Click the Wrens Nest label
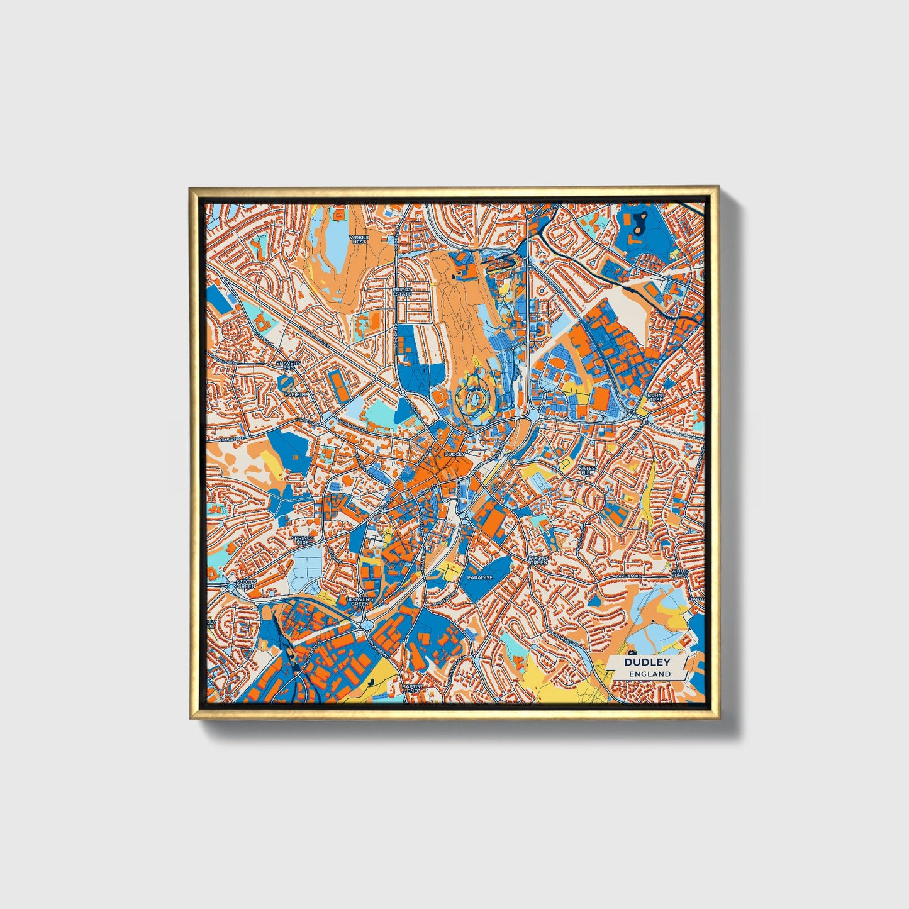(x=359, y=240)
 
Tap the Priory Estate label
(x=401, y=292)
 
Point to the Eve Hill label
(x=294, y=394)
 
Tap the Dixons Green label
(x=539, y=560)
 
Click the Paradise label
(x=479, y=577)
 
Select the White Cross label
(x=679, y=573)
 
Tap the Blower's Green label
(x=360, y=601)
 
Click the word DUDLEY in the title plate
(x=647, y=662)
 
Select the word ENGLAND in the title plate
(x=649, y=674)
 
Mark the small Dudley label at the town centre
(x=454, y=454)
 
